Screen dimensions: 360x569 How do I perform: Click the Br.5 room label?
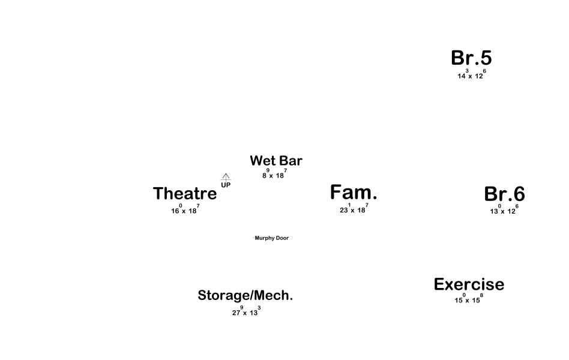tap(471, 58)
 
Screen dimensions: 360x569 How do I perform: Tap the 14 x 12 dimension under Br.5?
tap(471, 76)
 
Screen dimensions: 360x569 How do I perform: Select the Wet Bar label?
tap(276, 161)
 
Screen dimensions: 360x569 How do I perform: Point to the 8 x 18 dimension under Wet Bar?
tap(274, 175)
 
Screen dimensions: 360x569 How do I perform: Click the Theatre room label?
tap(185, 194)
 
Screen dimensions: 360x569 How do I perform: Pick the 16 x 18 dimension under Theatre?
tap(185, 210)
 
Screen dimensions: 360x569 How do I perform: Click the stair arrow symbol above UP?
tap(226, 177)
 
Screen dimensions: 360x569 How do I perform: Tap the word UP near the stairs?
tap(226, 185)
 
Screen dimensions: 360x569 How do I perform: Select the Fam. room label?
tap(354, 193)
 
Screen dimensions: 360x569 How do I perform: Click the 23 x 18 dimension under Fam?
tap(354, 209)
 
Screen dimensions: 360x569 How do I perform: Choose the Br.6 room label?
tap(504, 194)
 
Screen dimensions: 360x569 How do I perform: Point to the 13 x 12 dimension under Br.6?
tap(504, 211)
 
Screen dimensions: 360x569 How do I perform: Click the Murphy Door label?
tap(271, 238)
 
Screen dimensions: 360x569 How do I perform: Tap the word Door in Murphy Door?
tap(281, 238)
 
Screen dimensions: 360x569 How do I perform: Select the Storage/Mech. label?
tap(245, 295)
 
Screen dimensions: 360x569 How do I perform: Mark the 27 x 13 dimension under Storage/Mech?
tap(246, 312)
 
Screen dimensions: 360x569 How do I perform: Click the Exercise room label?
tap(469, 284)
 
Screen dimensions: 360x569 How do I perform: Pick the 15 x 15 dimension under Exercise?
tap(468, 299)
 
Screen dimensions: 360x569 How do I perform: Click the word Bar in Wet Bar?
tap(291, 161)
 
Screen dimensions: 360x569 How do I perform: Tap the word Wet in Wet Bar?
tap(262, 161)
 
